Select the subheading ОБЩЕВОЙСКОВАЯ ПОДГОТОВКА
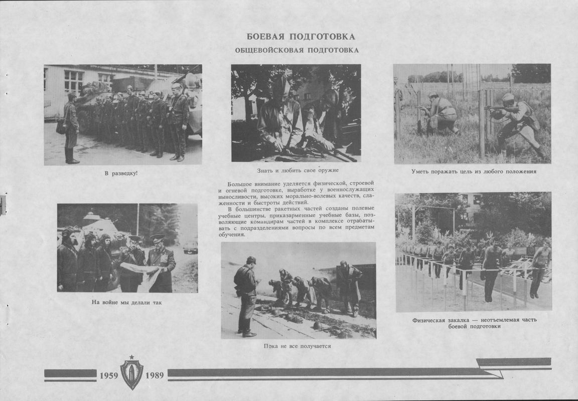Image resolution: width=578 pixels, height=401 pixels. pos(297,50)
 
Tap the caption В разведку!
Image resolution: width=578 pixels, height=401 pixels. pos(121,173)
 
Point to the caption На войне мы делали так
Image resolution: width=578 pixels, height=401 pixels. pos(127,302)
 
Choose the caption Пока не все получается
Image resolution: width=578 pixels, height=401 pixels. pos(298,346)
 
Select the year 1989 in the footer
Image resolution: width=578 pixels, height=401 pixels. pos(155,375)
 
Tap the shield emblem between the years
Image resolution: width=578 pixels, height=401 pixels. pos(131,373)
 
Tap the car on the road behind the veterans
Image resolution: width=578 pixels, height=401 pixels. pos(190,247)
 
